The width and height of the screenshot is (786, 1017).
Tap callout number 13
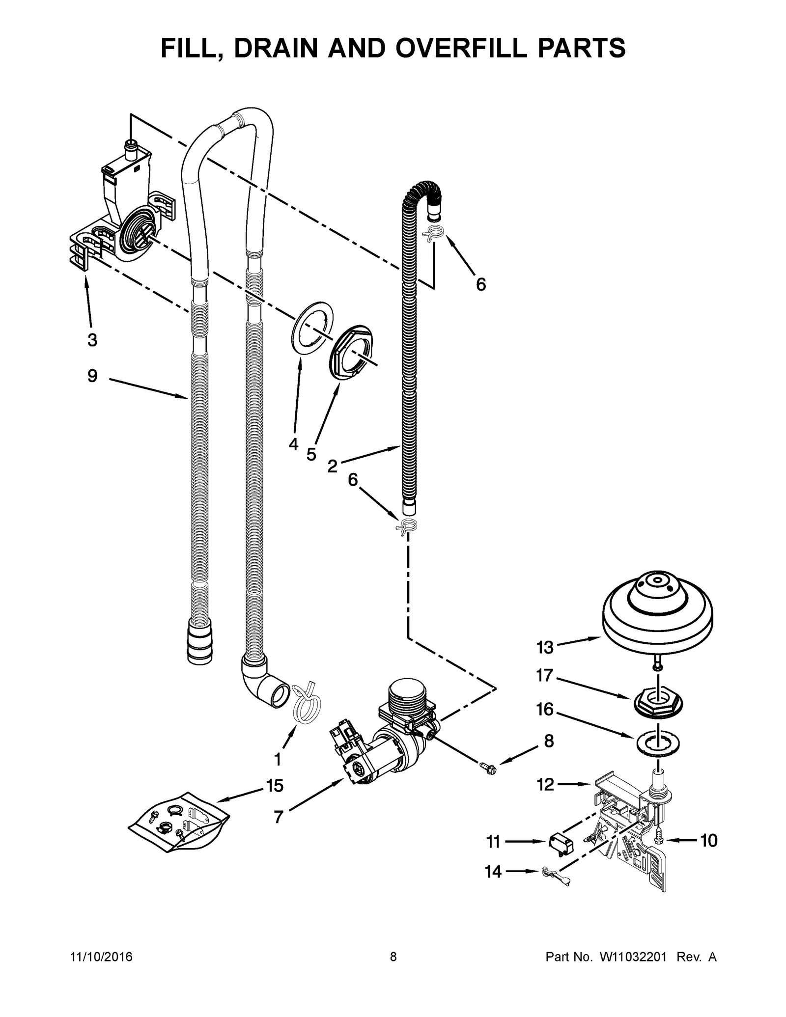tap(545, 647)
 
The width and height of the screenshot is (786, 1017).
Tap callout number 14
tap(493, 872)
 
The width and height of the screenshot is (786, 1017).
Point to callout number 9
tap(92, 376)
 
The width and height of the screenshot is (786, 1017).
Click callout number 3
tap(92, 339)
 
